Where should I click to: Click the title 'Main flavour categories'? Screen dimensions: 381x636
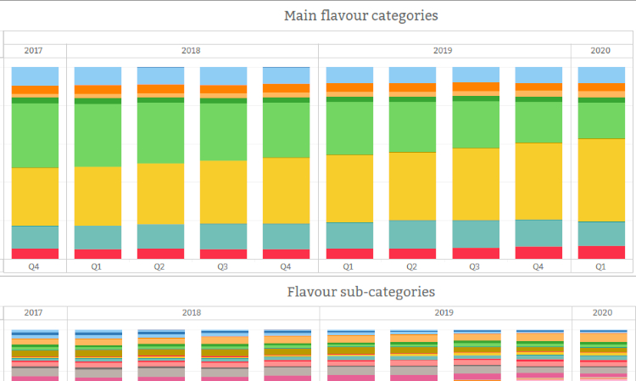coord(360,15)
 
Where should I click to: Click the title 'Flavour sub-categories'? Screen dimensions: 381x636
coord(360,292)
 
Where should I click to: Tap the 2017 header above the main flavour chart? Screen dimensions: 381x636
coord(34,51)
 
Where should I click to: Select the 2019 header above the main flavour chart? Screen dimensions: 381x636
coord(444,51)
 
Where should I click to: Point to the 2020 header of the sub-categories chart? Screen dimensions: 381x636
coord(601,312)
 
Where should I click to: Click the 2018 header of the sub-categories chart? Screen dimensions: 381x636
coord(192,312)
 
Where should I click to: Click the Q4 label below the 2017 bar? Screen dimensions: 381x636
coord(34,266)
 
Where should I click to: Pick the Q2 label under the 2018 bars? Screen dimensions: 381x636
coord(159,266)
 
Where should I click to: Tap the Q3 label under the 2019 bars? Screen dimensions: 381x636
coord(475,266)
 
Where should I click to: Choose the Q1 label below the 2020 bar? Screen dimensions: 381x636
coord(601,266)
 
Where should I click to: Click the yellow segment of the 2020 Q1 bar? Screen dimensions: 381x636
coord(601,180)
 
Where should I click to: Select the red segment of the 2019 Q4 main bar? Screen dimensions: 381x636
coord(538,252)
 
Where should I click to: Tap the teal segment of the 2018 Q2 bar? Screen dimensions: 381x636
coord(160,236)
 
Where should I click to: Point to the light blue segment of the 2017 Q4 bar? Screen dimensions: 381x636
coord(35,76)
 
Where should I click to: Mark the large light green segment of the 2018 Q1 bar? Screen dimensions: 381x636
coord(98,135)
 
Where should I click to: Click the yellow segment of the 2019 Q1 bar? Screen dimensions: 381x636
coord(349,188)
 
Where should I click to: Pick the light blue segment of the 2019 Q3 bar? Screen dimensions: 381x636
coord(475,74)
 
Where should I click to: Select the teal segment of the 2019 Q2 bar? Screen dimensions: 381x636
coord(412,234)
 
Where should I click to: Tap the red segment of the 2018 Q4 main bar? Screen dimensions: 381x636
coord(286,254)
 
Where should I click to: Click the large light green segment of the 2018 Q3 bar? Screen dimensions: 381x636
coord(223,132)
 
